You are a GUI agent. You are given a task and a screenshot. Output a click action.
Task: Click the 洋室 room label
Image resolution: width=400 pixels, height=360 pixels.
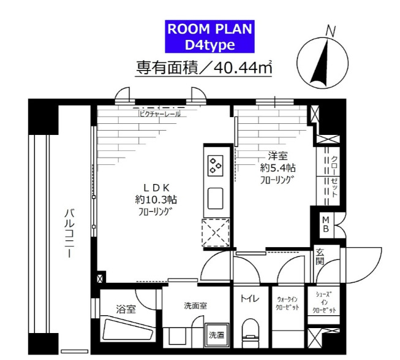(x=274, y=155)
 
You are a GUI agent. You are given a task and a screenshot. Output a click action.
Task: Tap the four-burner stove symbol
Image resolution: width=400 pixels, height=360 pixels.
(x=216, y=164)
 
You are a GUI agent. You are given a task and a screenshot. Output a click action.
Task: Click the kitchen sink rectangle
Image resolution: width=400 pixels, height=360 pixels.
(x=216, y=199)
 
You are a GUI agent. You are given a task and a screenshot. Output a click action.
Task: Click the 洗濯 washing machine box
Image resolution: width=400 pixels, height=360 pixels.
(x=216, y=335)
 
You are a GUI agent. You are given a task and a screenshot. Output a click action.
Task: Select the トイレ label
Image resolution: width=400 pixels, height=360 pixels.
(x=249, y=299)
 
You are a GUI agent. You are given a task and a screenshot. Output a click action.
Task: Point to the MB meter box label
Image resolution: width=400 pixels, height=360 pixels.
(x=326, y=224)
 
